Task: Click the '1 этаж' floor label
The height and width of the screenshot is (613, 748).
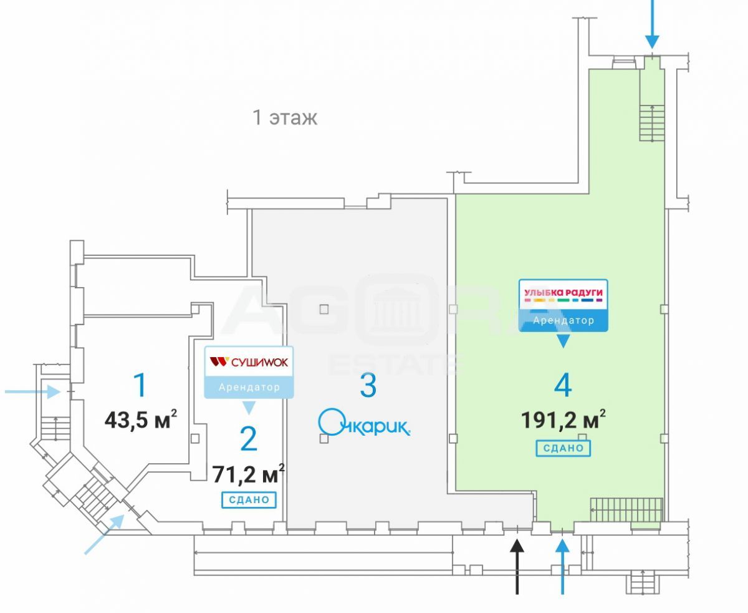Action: coord(285,117)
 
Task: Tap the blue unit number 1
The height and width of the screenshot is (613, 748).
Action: coord(141,385)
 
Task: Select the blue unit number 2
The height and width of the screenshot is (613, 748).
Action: coord(248,439)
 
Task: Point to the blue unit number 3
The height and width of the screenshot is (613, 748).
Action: coord(368,385)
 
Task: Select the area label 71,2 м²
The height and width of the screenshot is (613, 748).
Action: coord(249,473)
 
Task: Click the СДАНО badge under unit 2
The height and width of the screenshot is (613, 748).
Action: coord(249,499)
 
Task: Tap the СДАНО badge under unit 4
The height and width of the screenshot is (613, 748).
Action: coord(563,448)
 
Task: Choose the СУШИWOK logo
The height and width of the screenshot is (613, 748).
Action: coord(249,362)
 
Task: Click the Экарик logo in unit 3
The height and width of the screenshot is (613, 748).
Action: coord(364,423)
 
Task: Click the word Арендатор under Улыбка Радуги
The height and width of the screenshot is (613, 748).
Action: coord(563,321)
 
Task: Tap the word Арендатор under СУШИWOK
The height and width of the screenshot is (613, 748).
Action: coord(249,387)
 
